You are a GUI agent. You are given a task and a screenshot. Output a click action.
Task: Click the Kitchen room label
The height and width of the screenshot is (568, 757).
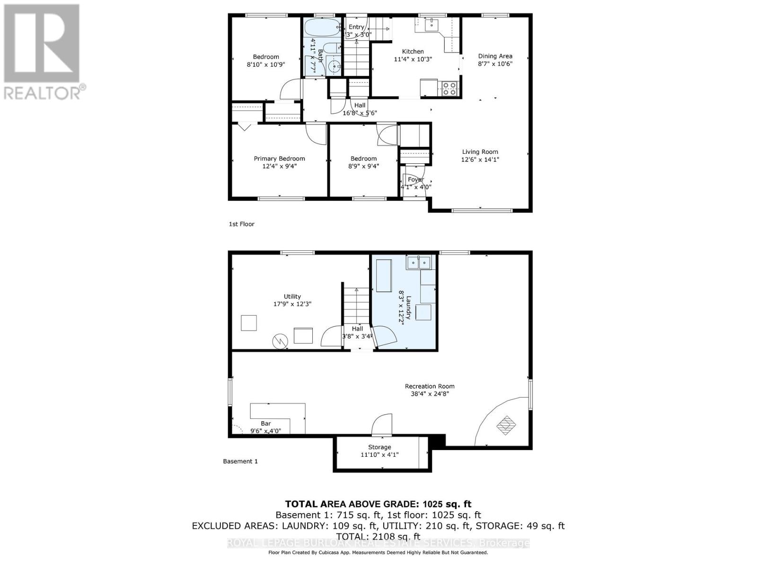(x=413, y=52)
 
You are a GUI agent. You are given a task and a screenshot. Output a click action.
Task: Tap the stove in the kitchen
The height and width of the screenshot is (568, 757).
(x=449, y=89)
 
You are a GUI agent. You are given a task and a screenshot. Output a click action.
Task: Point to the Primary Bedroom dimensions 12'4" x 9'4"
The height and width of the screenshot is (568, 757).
(x=279, y=166)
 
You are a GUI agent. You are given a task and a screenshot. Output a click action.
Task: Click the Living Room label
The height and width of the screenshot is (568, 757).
(x=480, y=152)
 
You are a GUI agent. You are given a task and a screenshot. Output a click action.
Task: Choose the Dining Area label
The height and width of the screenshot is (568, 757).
(x=495, y=56)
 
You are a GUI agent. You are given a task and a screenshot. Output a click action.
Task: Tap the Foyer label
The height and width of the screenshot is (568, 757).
(x=415, y=179)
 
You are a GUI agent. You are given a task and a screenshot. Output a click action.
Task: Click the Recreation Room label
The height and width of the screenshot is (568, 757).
(x=430, y=386)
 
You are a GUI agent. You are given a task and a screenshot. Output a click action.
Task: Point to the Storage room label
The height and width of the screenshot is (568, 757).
(x=379, y=447)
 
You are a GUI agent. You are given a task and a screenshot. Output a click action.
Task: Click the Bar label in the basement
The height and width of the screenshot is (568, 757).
(x=265, y=423)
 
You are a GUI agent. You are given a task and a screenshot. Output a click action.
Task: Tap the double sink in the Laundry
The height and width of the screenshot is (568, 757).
(x=418, y=262)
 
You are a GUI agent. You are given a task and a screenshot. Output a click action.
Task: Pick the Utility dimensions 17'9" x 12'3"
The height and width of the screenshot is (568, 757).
(x=292, y=304)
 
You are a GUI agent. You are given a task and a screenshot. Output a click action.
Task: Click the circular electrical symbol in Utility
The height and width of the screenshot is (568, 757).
(x=279, y=341)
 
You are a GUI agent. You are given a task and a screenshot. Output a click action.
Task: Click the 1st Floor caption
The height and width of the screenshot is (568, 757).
(x=241, y=224)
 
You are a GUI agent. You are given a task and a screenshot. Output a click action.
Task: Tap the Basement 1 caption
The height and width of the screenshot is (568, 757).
(x=240, y=461)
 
